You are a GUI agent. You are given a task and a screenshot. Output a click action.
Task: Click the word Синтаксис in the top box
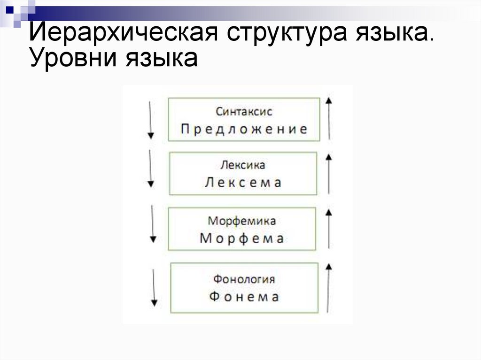click(244, 112)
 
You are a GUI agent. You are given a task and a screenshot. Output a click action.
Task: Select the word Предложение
click(244, 129)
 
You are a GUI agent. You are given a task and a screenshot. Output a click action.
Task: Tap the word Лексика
click(243, 165)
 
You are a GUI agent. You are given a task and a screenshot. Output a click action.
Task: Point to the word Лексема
click(243, 183)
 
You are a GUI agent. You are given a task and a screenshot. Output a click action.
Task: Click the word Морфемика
click(242, 221)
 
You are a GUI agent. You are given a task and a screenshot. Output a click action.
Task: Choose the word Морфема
click(242, 238)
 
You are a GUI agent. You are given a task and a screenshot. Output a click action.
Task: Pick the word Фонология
click(244, 279)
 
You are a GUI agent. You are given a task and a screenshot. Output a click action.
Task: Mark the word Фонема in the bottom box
click(244, 297)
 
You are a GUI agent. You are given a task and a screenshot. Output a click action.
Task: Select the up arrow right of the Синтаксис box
click(329, 118)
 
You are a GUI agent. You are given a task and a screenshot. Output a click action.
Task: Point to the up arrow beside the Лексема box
click(329, 174)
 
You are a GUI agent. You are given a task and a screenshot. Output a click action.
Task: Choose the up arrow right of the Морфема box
click(329, 228)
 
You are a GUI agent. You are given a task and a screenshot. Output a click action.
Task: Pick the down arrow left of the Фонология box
click(154, 286)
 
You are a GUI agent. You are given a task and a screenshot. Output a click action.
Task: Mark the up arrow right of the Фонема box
click(329, 287)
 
